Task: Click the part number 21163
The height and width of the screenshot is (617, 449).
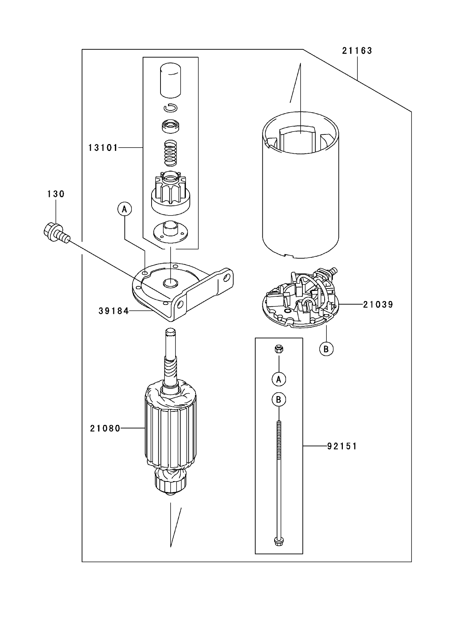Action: tap(357, 51)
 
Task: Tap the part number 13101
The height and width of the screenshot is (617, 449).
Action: tap(103, 148)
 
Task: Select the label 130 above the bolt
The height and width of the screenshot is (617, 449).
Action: tap(56, 194)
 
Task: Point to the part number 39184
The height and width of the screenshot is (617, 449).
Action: tap(113, 311)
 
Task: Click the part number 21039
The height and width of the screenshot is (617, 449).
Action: tap(378, 305)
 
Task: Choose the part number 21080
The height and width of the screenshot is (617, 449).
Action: tap(105, 428)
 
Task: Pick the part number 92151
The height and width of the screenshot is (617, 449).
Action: tap(341, 446)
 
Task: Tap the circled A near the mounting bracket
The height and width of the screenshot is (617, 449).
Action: tap(124, 209)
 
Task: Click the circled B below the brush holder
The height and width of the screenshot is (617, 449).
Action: tap(326, 349)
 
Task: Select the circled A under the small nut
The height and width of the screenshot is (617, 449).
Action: tap(279, 379)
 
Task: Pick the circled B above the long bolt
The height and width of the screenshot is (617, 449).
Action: tap(279, 400)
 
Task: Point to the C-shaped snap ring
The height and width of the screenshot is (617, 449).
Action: tap(171, 107)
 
